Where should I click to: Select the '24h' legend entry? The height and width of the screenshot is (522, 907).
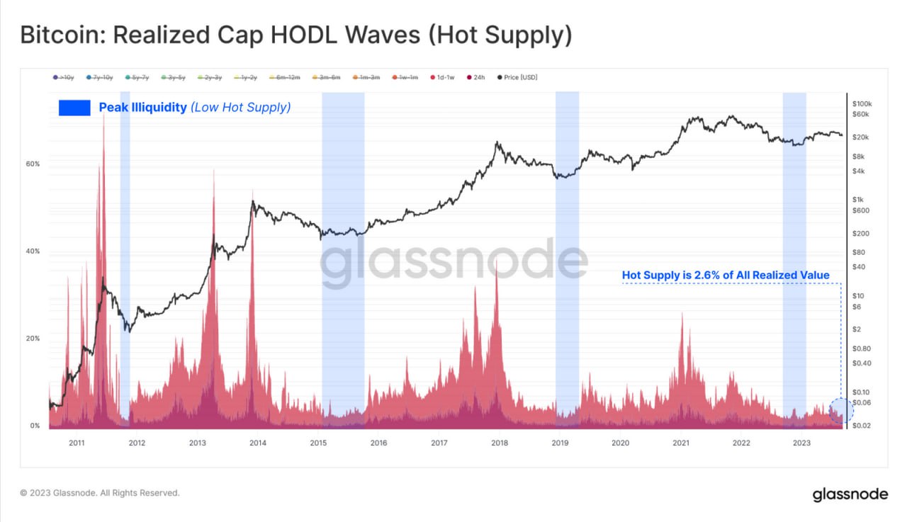[475, 77]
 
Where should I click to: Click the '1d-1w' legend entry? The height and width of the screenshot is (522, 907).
[445, 77]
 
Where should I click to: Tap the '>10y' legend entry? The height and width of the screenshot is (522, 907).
[63, 77]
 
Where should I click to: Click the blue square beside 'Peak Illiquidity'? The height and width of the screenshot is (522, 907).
[74, 108]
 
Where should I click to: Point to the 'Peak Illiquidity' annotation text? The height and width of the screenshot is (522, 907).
[142, 108]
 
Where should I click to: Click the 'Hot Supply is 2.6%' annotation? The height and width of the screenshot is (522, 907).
[725, 275]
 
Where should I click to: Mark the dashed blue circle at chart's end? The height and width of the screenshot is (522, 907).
[840, 412]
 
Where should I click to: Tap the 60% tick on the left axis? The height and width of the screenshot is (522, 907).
[33, 164]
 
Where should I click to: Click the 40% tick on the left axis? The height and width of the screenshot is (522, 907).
[33, 251]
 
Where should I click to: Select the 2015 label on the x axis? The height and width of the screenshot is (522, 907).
[318, 443]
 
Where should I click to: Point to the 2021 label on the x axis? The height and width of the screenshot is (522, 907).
[681, 443]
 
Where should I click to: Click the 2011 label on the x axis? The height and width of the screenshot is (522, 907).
[77, 443]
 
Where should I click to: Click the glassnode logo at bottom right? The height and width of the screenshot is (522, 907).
[849, 494]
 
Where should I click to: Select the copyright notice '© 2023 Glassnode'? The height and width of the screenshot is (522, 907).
[99, 492]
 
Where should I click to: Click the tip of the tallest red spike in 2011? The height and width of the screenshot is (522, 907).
[103, 113]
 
